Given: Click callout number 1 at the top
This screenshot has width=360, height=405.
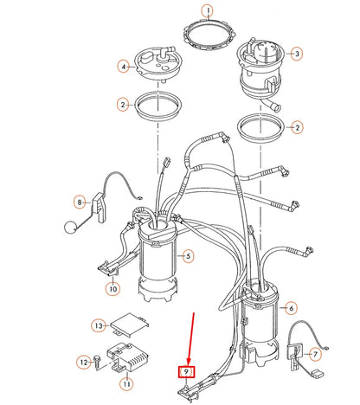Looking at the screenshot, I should tap(208, 11).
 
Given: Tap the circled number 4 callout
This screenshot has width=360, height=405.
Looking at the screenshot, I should tap(125, 66).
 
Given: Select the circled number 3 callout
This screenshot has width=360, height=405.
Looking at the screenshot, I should tap(297, 54).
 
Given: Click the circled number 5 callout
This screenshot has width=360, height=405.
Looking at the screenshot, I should tap(189, 255).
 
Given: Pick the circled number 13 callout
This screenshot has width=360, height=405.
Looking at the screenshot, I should tap(100, 325).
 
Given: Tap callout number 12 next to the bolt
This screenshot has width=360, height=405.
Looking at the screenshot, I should tap(85, 362).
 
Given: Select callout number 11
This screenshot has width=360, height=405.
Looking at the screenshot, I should tap(126, 382).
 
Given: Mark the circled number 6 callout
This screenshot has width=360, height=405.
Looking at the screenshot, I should tap(292, 307).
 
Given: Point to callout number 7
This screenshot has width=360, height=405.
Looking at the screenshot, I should tap(316, 354).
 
